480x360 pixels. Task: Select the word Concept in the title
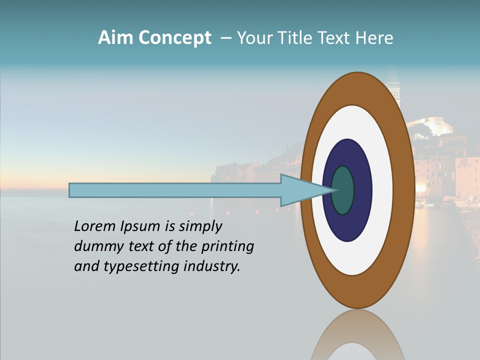click(175, 38)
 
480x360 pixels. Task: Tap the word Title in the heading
click(296, 38)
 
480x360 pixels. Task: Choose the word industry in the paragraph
click(212, 266)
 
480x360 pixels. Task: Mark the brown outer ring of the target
click(403, 190)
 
